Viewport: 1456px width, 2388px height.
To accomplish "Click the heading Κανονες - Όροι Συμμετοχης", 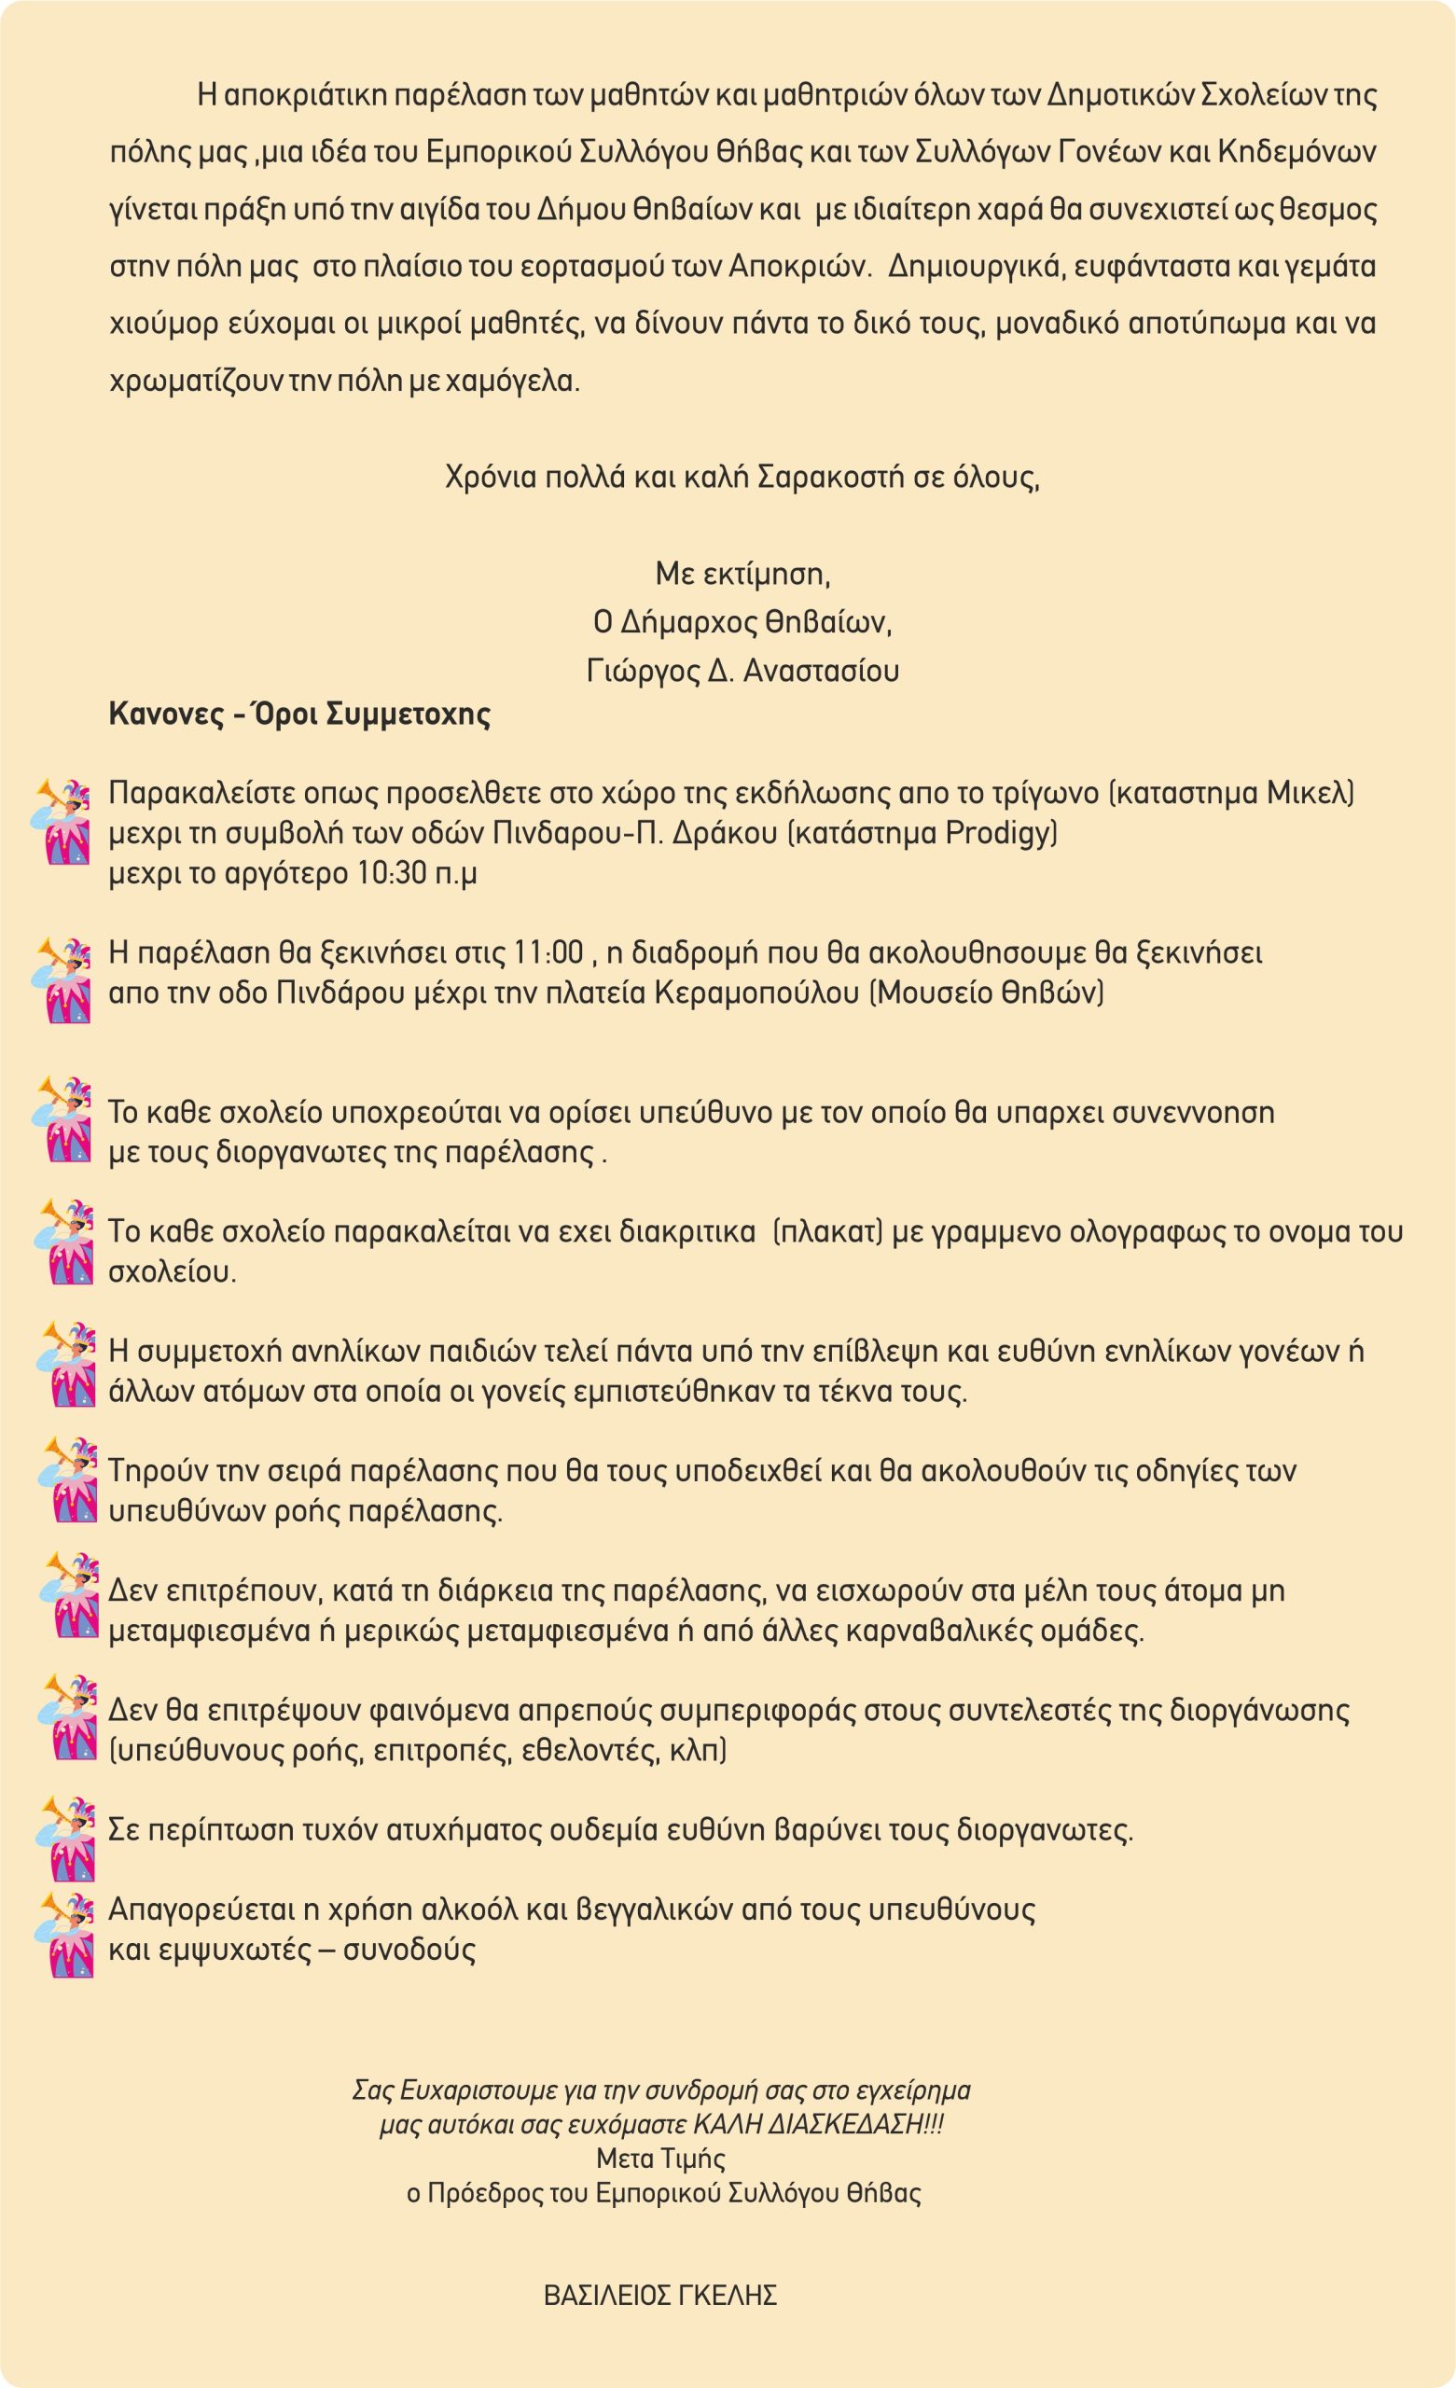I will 299,715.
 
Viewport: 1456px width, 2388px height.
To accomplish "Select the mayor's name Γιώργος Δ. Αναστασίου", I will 742,671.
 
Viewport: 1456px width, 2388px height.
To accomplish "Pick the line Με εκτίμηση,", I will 742,575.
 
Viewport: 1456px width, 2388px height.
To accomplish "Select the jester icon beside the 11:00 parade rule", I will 64,979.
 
